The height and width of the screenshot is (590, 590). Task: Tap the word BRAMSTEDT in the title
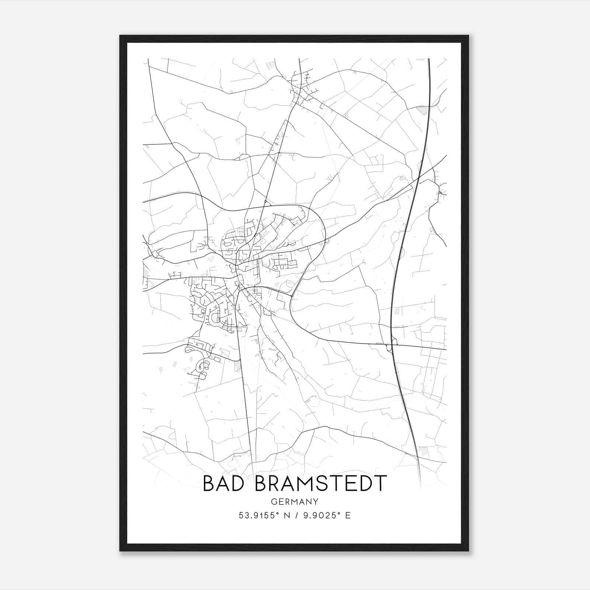pyautogui.click(x=321, y=484)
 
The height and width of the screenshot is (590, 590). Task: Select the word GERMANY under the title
pyautogui.click(x=295, y=502)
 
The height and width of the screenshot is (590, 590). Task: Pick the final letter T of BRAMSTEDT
pyautogui.click(x=380, y=484)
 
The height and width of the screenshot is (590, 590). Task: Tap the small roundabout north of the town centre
pyautogui.click(x=265, y=201)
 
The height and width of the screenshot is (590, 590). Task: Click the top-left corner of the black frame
pyautogui.click(x=120, y=36)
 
